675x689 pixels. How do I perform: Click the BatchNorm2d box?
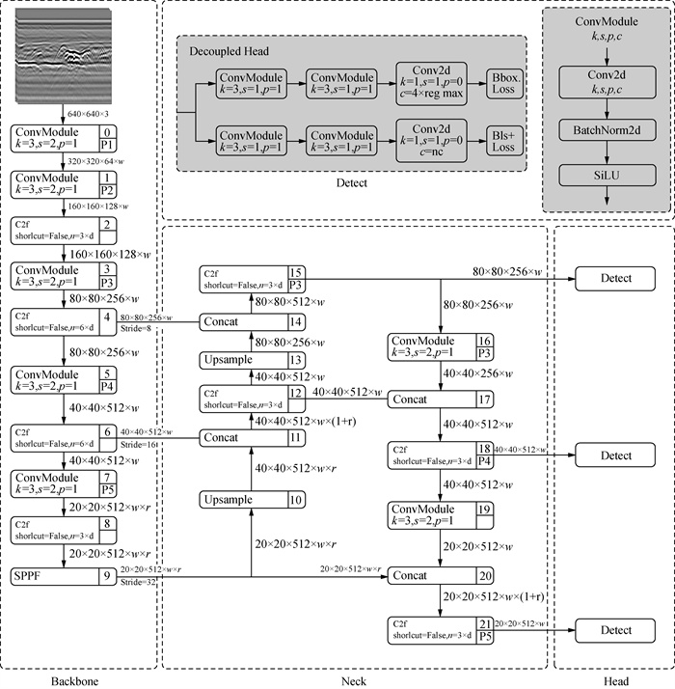[x=606, y=126]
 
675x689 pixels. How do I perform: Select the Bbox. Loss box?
[x=502, y=83]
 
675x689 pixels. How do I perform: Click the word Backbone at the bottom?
[x=77, y=681]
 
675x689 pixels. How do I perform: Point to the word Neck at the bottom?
[x=353, y=681]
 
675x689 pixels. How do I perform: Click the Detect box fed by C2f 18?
[x=616, y=455]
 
